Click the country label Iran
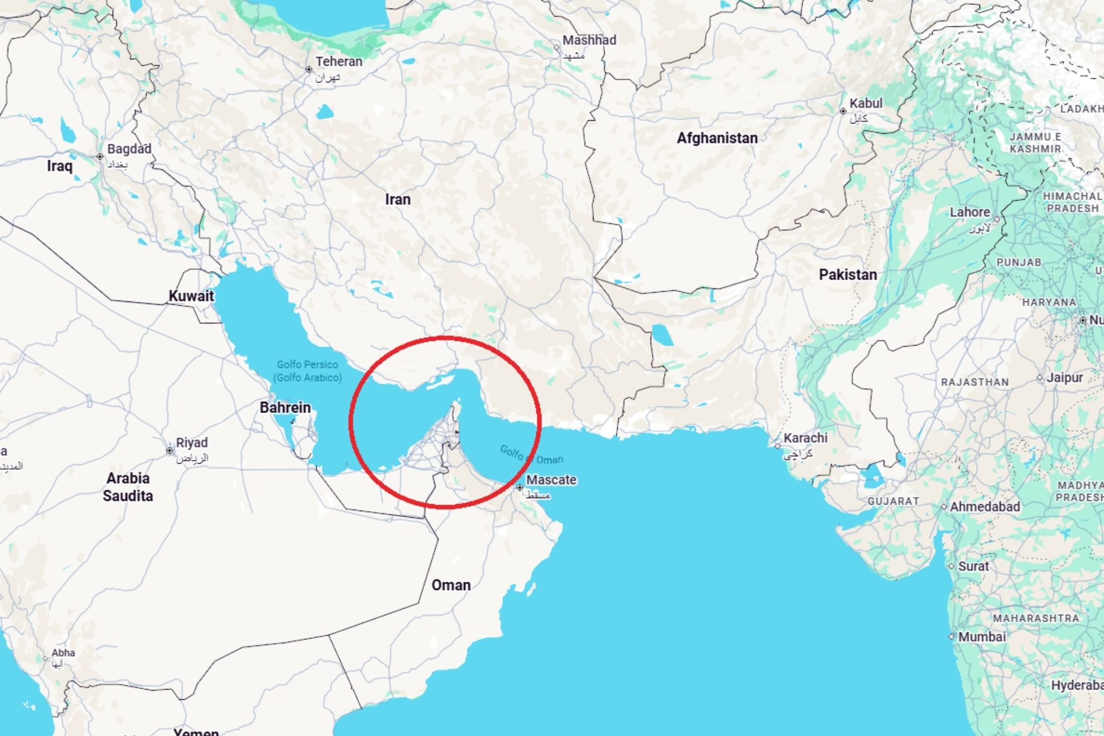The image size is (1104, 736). [398, 200]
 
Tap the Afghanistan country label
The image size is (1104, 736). [717, 138]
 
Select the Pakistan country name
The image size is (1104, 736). [847, 274]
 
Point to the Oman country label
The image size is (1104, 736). [451, 585]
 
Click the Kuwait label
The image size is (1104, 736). [191, 296]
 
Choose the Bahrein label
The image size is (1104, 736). [285, 408]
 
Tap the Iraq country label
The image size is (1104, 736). [59, 166]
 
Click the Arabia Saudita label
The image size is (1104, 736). [128, 487]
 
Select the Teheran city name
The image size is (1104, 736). [339, 62]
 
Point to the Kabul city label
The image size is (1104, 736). [866, 104]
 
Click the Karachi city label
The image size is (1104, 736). [805, 438]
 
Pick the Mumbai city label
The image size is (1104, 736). [982, 637]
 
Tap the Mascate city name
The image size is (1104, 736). [551, 480]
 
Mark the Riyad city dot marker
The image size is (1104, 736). [170, 450]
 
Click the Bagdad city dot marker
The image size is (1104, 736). [100, 157]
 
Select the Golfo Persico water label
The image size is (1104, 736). [307, 365]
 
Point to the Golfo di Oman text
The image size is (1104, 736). [531, 455]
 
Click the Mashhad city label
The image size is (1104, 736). [589, 40]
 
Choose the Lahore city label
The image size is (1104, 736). [970, 212]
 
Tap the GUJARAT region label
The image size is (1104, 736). [893, 501]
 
